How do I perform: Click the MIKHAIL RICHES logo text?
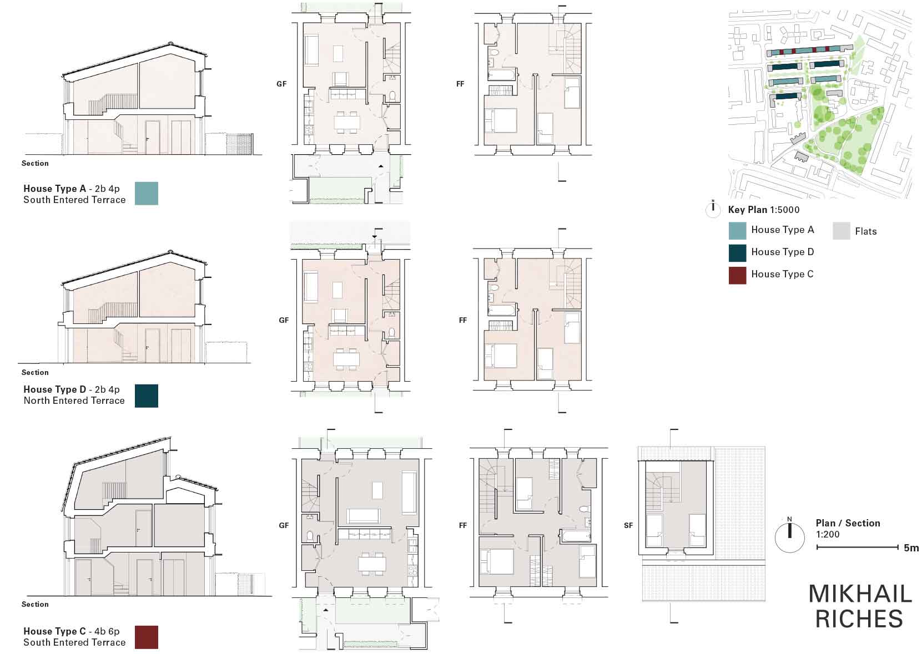click(860, 606)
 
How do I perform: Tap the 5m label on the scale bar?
click(911, 548)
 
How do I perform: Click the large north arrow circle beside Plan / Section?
click(789, 538)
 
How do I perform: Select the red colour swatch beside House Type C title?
click(147, 637)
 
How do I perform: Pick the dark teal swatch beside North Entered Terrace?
click(147, 396)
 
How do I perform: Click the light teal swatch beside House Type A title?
click(147, 194)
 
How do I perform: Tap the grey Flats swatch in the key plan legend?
click(842, 231)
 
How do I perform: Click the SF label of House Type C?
click(628, 525)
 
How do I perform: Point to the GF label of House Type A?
click(281, 84)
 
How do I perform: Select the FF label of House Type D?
click(462, 320)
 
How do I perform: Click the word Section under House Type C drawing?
click(35, 604)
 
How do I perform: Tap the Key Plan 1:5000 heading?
click(764, 210)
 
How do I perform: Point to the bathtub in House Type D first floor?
click(501, 310)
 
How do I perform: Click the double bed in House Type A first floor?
click(501, 120)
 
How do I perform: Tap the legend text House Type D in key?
click(783, 252)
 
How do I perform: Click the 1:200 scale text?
click(827, 534)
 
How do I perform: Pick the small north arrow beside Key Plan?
click(713, 209)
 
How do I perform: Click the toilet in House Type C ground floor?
click(310, 535)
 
